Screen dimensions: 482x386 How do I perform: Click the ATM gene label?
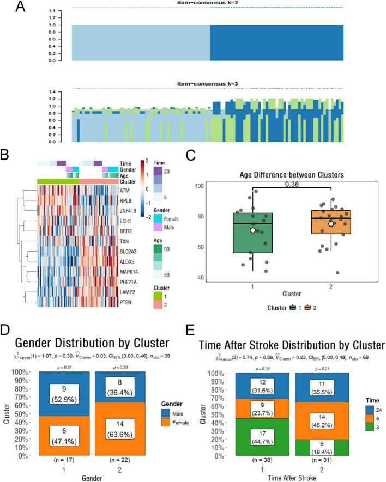click(x=124, y=191)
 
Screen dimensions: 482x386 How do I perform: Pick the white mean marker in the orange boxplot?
click(x=331, y=224)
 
